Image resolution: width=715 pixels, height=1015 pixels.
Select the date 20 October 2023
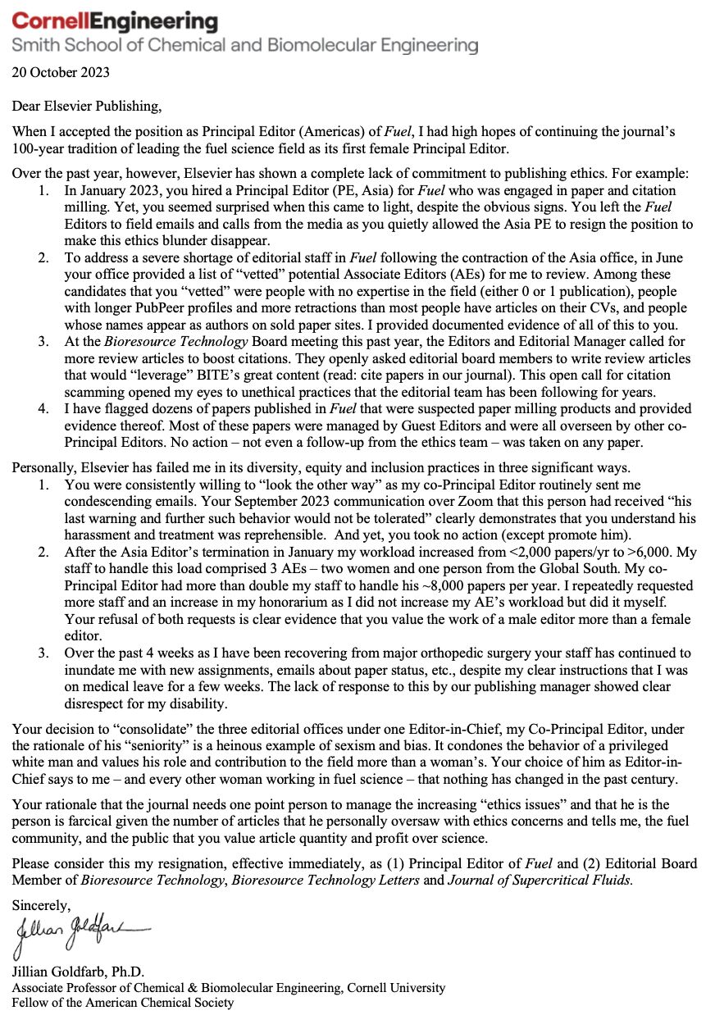point(60,72)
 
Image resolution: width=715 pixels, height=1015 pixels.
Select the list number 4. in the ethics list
point(43,408)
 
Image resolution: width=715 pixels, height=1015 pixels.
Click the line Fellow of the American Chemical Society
point(122,1002)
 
